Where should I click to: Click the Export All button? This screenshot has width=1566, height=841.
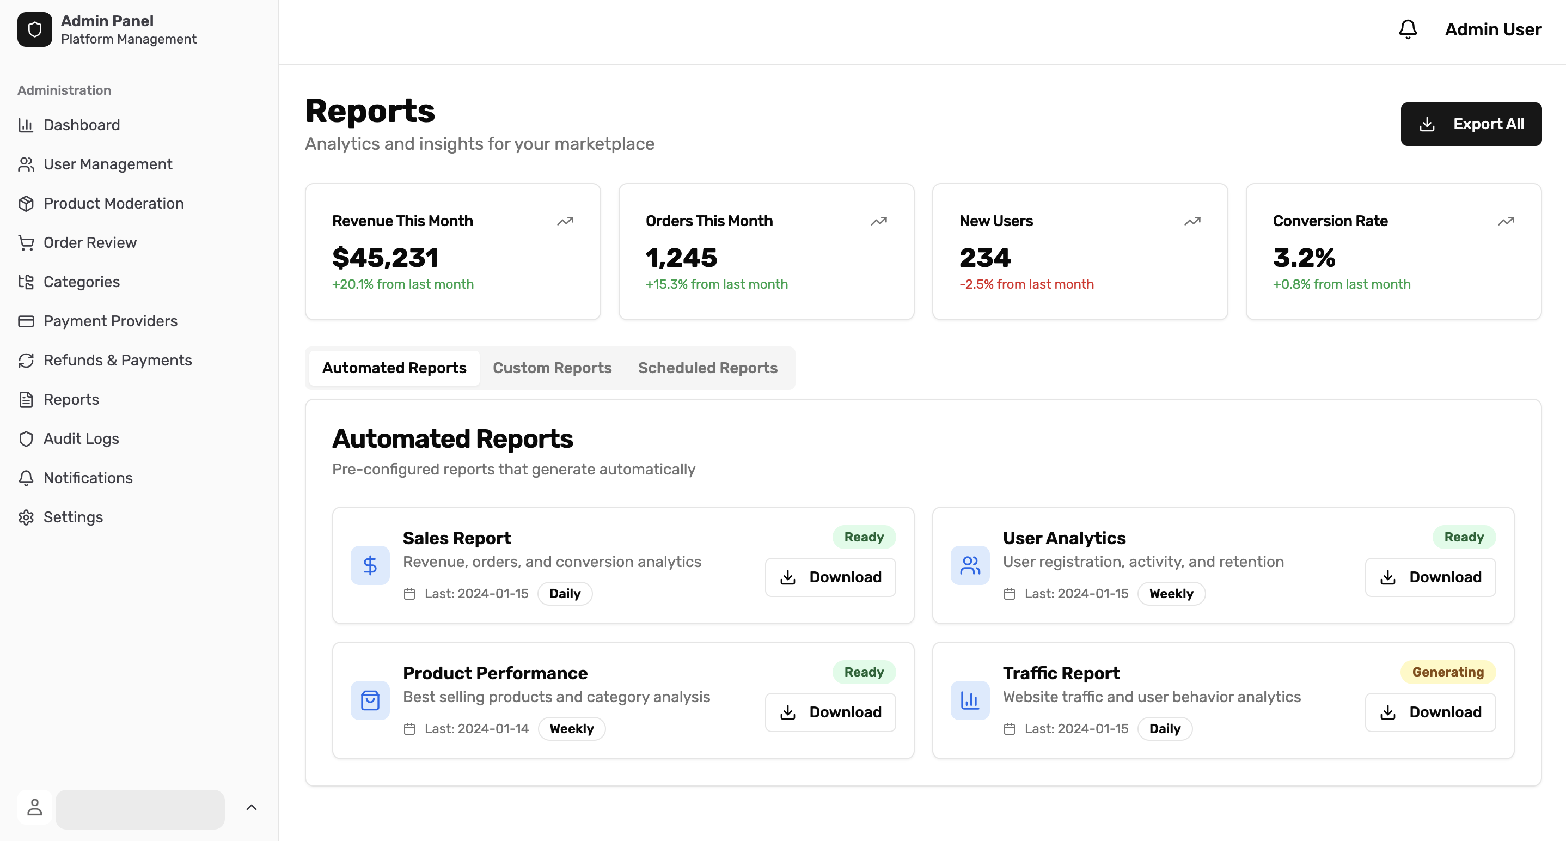(x=1471, y=124)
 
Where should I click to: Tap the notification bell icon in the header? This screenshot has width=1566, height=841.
(x=1408, y=29)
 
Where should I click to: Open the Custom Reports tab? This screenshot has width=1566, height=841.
(x=552, y=368)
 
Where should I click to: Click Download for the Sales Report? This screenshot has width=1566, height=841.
(x=830, y=577)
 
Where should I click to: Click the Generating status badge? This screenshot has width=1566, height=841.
(x=1447, y=672)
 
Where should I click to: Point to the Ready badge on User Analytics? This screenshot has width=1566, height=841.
(x=1463, y=537)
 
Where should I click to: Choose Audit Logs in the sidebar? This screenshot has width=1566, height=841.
(x=81, y=438)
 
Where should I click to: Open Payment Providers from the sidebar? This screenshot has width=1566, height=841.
(x=110, y=321)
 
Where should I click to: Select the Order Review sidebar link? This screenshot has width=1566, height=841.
(x=90, y=242)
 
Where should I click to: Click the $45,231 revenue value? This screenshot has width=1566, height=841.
(x=385, y=258)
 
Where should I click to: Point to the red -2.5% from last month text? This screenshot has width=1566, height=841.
(x=1026, y=284)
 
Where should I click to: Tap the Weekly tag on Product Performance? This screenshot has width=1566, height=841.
(x=571, y=728)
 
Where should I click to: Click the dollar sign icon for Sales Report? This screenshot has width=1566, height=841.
(x=370, y=565)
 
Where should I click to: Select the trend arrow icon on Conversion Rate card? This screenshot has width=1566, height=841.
(x=1505, y=221)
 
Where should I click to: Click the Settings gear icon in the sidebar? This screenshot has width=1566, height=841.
(x=26, y=517)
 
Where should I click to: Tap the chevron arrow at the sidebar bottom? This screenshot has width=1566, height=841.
(x=251, y=808)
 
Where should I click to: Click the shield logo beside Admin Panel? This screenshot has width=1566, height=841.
(x=35, y=29)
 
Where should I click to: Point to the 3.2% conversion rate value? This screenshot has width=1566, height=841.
(x=1304, y=258)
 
